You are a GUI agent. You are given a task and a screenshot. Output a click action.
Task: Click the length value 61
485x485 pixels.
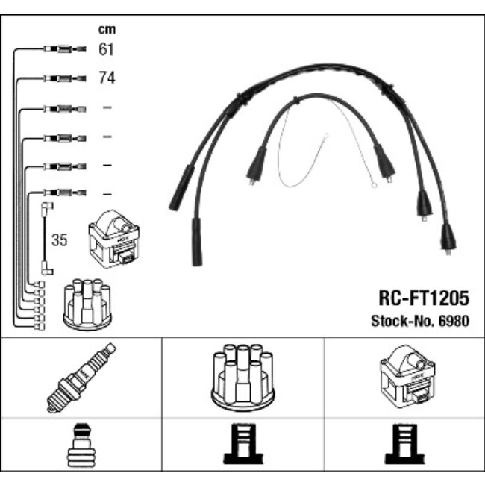(x=107, y=50)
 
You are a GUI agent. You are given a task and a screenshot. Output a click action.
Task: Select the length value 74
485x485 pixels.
(x=107, y=78)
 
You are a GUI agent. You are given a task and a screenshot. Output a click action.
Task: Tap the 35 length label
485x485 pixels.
(x=60, y=241)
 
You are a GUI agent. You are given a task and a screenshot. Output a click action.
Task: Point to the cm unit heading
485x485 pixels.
(x=107, y=30)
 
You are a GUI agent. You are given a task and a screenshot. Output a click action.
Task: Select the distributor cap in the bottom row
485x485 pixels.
(x=242, y=378)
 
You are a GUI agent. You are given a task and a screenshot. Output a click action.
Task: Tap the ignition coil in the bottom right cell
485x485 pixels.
(x=404, y=378)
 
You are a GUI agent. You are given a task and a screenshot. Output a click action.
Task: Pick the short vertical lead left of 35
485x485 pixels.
(x=46, y=237)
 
